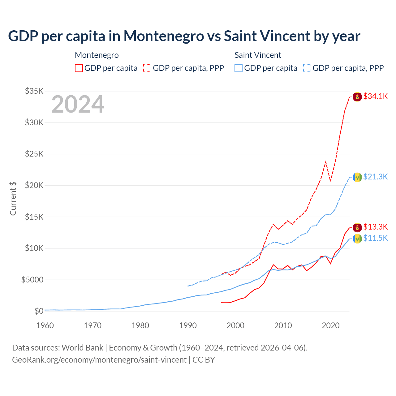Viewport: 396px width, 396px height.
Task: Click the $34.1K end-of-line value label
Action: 375,96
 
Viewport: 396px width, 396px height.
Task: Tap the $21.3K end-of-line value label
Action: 375,177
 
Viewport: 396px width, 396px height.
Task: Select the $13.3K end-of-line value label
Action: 375,227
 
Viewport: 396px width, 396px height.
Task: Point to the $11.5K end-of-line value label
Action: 375,238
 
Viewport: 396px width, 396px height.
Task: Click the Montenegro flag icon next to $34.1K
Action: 357,97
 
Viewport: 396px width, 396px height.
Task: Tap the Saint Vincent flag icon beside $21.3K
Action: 357,177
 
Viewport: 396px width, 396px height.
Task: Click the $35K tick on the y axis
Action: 34,91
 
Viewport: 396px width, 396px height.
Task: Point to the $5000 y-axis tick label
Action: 32,280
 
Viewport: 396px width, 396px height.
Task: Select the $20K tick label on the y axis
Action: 34,185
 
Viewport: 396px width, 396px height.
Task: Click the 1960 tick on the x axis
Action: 45,325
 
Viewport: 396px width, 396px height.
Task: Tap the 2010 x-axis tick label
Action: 283,325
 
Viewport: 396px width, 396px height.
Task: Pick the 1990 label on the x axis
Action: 188,325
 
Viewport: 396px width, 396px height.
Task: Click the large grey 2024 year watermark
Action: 78,104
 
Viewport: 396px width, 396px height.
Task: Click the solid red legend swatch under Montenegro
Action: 79,68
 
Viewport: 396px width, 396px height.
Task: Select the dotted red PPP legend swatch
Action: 147,68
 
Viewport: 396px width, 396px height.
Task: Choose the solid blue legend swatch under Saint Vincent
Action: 239,68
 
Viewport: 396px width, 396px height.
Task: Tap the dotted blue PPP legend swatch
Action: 307,68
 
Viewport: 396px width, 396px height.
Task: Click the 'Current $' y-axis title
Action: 13,199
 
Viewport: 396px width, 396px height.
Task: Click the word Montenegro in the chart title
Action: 164,36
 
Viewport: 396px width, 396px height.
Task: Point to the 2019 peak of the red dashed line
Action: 326,161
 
